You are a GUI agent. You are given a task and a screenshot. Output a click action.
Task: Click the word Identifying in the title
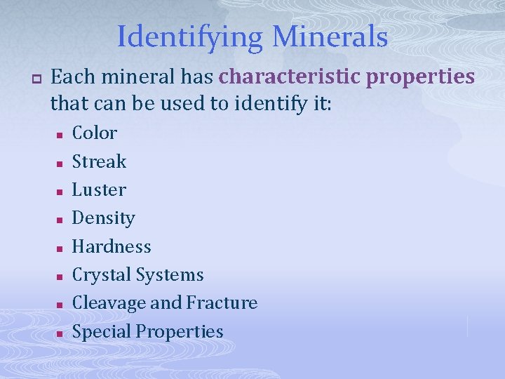coord(184,37)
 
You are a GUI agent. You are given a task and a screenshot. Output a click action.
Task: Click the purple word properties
coord(421,77)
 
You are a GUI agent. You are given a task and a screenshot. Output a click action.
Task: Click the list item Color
coord(95,133)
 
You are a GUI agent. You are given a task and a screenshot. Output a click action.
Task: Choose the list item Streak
coord(99,161)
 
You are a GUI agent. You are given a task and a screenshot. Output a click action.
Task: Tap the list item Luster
coord(99,189)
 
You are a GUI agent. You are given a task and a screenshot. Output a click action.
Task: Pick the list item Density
coord(103,218)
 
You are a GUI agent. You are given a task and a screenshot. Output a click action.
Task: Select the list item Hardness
coord(112,246)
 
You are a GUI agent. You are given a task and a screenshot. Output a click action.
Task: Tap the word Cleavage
coord(109,303)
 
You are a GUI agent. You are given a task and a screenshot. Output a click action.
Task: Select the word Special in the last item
coord(102,331)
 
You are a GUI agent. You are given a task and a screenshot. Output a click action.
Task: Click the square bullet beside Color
coord(61,134)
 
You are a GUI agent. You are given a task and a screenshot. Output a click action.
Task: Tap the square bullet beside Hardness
coord(61,248)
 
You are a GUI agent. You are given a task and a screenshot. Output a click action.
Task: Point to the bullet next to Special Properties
coord(61,333)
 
